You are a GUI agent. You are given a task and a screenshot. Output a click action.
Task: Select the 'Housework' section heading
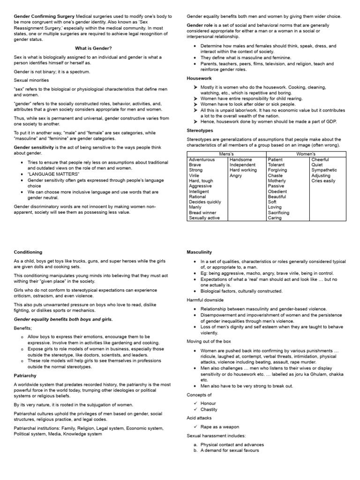pos(199,79)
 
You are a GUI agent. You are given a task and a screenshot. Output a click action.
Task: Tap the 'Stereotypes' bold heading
pos(200,130)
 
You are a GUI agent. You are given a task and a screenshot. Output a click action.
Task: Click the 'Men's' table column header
pos(226,154)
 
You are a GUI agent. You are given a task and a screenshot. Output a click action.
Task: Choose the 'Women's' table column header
pos(306,154)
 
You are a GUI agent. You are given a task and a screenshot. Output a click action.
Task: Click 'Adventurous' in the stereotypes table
pos(202,159)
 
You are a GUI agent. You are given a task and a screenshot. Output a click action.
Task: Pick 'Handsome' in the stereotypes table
pos(240,159)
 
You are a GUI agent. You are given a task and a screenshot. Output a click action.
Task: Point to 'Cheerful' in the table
pos(320,159)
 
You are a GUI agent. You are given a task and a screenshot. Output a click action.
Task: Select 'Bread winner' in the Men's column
pos(202,212)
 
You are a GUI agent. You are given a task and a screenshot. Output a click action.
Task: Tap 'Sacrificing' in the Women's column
pos(278,212)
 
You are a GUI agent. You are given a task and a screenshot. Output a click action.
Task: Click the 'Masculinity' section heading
pos(199,252)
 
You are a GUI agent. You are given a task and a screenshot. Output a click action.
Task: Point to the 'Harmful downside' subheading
pos(205,300)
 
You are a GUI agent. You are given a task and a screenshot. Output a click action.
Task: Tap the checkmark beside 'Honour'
pos(195,403)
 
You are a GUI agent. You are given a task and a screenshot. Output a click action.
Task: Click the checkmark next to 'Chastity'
pos(195,409)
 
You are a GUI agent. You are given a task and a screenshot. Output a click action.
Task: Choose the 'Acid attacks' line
pos(199,418)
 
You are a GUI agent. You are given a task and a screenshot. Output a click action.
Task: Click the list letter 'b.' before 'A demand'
pos(195,450)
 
